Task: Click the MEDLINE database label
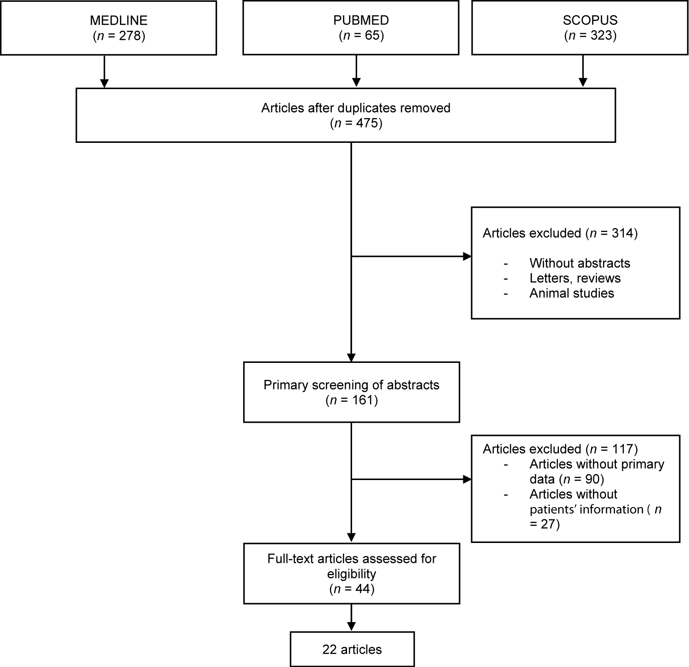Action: pos(119,20)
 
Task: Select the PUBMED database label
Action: pos(361,20)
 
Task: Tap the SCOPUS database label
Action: pos(590,20)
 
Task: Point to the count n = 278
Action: pos(119,35)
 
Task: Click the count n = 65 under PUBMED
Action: pos(361,35)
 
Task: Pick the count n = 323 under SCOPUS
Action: pos(590,35)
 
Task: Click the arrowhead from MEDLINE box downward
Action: pos(104,83)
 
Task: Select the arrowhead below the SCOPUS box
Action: pos(583,83)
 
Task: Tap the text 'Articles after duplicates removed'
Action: pos(355,108)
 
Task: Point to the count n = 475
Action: pos(355,123)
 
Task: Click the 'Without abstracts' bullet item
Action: pos(579,263)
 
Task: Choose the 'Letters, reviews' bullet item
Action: pos(575,278)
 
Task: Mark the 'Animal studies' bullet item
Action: pos(571,293)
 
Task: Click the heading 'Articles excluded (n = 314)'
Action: pos(560,233)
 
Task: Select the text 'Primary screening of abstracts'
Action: pos(351,385)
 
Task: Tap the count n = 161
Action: pos(351,400)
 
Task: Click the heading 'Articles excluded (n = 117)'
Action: pos(560,449)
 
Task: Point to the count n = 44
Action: pos(351,588)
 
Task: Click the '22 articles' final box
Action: pos(352,650)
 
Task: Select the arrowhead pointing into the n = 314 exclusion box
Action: pos(467,256)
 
